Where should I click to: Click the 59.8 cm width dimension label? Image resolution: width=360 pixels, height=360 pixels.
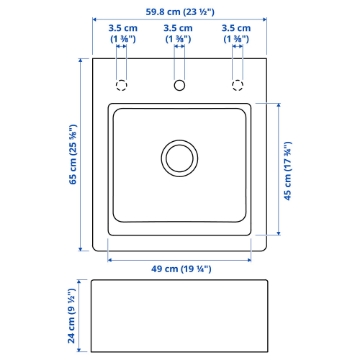pos(180,12)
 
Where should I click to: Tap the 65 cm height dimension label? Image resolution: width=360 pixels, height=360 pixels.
pos(73,154)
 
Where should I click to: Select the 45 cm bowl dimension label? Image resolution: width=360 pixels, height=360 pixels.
pos(288,171)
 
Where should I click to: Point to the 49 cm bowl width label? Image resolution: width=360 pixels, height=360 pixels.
pos(181,269)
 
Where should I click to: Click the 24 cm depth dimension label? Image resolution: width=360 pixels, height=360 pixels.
pos(72,316)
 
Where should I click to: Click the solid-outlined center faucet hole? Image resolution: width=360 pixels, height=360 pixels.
pos(179,85)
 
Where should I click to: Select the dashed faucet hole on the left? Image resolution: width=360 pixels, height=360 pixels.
pos(121,85)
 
